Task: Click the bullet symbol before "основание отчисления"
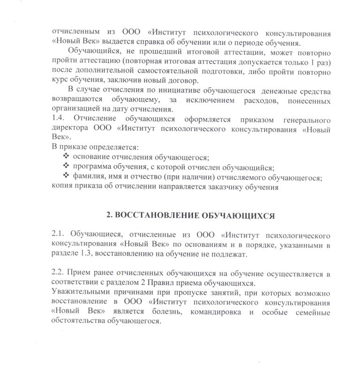tap(66, 156)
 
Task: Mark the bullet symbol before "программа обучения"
tap(66, 166)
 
